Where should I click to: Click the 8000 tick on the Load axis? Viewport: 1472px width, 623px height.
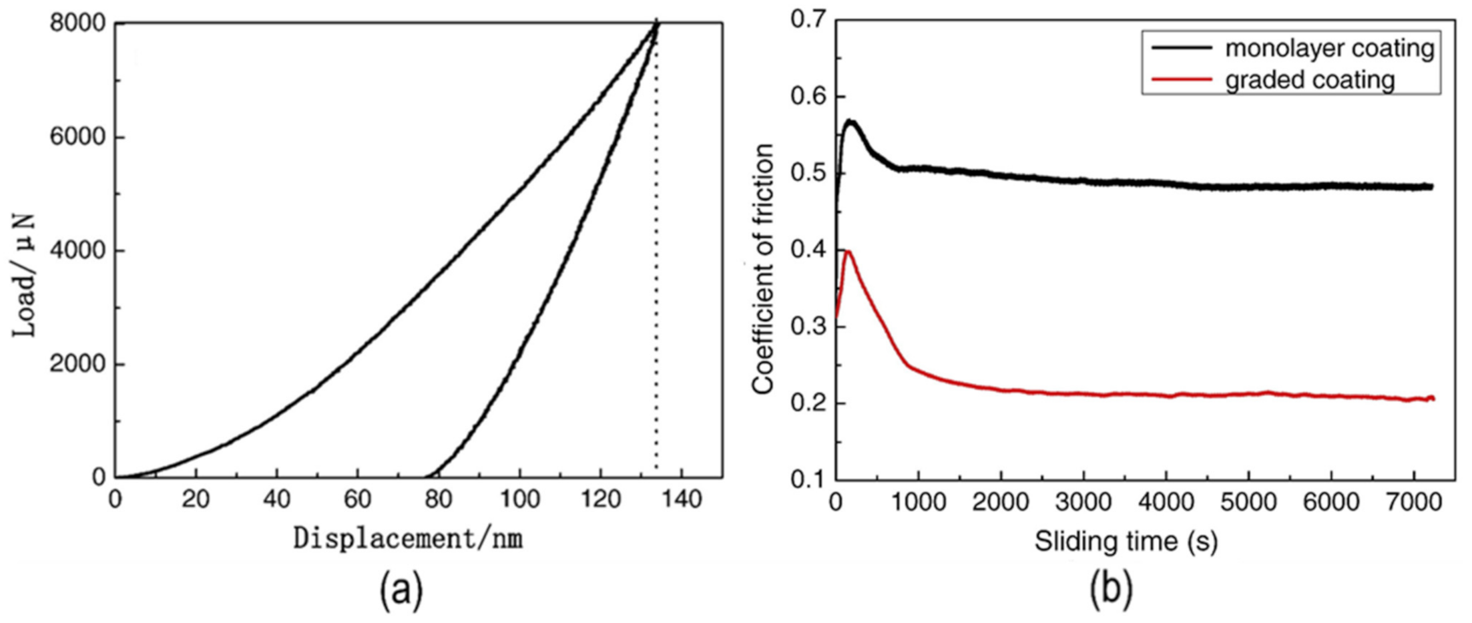click(x=77, y=23)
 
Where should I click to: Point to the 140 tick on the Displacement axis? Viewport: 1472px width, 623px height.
click(x=682, y=500)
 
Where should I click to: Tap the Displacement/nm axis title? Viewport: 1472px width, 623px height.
click(x=409, y=538)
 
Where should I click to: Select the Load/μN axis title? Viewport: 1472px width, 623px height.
click(x=25, y=275)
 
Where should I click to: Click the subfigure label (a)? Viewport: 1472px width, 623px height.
click(x=401, y=590)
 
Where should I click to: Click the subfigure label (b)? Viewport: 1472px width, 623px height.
click(x=1111, y=590)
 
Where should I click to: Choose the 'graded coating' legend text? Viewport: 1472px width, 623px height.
click(x=1310, y=79)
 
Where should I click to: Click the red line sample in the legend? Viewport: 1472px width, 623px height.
click(x=1181, y=79)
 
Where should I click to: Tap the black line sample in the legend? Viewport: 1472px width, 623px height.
click(x=1181, y=48)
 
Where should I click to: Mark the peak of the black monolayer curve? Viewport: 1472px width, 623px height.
click(x=850, y=121)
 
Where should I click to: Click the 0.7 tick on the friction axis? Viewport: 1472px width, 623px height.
click(x=808, y=20)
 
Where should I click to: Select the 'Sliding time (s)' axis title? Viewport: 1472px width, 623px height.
click(x=1126, y=541)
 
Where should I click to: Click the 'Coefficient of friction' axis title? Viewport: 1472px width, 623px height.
click(x=762, y=268)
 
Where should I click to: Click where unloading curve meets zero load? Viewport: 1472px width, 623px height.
click(x=427, y=477)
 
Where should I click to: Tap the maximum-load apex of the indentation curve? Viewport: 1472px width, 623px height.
click(x=657, y=24)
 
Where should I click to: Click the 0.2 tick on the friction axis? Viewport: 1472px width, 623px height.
click(x=808, y=403)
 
